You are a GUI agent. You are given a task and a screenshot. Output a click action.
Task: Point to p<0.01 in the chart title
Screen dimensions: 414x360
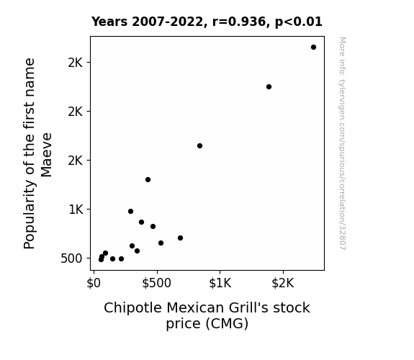299,22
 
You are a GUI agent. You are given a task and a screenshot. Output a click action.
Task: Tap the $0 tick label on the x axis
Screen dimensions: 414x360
94,283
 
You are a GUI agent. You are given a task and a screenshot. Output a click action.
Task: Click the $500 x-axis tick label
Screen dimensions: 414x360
156,283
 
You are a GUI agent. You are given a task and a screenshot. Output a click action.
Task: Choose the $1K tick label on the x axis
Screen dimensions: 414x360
220,283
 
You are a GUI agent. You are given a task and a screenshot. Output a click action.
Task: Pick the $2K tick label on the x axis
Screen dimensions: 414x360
283,283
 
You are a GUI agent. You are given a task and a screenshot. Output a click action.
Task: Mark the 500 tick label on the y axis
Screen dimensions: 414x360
71,258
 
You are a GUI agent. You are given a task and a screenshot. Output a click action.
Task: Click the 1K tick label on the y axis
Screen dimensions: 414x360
76,210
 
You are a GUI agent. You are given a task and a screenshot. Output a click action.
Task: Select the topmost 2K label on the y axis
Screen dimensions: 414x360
76,63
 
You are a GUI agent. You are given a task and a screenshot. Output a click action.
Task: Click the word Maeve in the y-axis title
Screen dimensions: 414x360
46,155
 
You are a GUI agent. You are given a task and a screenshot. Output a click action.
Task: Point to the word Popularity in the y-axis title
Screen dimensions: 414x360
30,215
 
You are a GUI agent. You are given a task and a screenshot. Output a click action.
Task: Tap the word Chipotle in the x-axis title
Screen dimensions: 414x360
132,308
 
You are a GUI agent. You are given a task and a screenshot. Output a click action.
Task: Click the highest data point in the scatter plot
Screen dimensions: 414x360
313,48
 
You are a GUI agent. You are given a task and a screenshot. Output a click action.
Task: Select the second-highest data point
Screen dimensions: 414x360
269,86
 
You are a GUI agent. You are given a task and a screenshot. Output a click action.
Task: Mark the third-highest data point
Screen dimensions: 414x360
199,145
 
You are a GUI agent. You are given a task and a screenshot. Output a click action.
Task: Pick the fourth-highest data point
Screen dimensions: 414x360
148,179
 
